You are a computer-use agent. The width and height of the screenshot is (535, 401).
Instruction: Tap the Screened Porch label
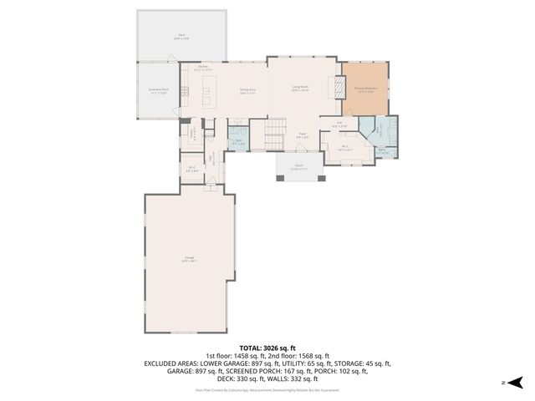point(159,91)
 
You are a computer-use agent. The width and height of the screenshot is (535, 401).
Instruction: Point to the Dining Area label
point(247,91)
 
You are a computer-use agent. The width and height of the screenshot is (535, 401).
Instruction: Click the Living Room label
point(300,89)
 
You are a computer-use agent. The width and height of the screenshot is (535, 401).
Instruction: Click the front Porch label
point(298,168)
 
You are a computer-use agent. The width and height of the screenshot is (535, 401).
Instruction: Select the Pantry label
point(193,132)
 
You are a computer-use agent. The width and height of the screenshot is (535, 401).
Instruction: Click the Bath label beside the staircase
point(238,143)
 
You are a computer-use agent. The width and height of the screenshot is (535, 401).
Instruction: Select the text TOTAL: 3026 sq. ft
point(267,348)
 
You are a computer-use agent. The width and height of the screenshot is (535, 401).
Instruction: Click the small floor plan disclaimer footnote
point(267,389)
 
